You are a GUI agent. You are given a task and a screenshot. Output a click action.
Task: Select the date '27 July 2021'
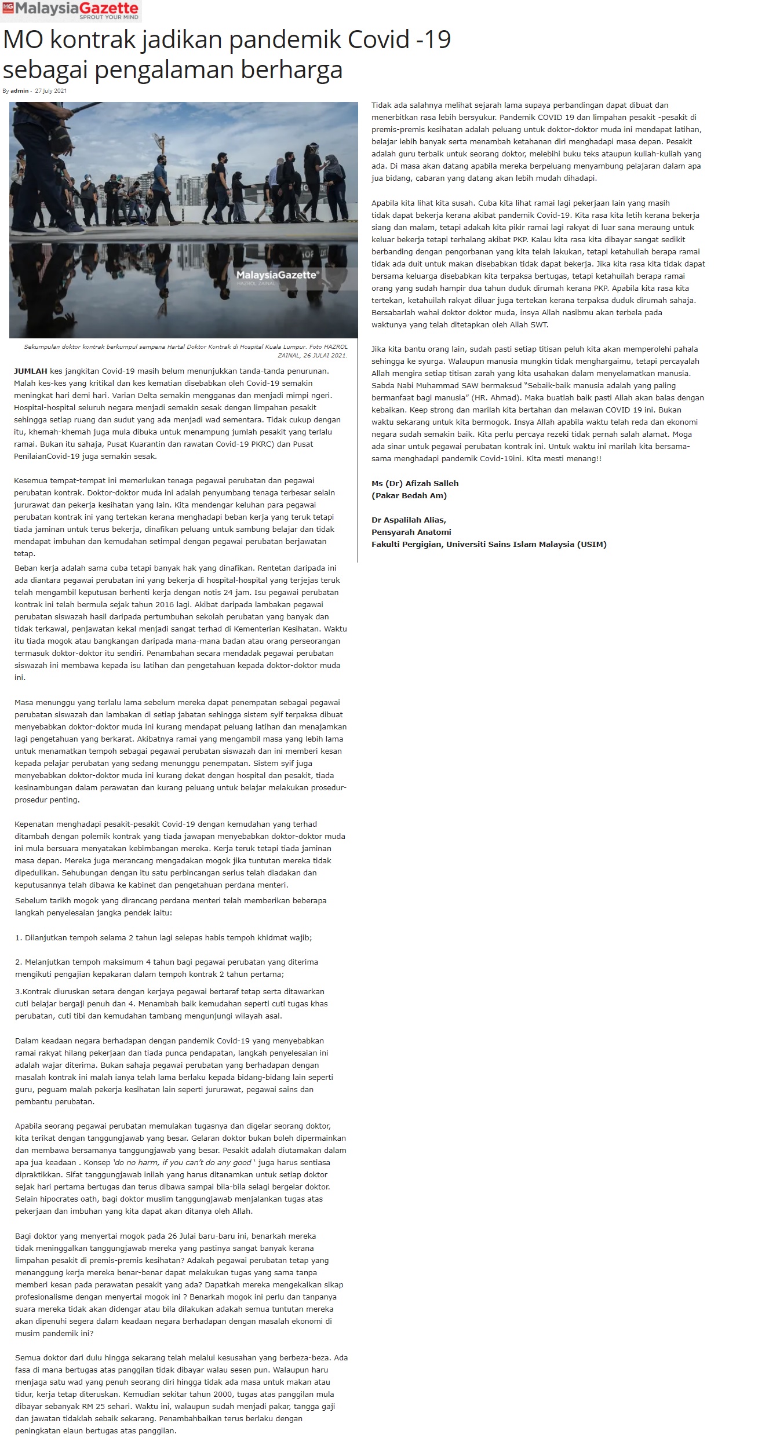coord(51,91)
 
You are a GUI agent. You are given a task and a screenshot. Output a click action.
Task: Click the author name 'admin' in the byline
coord(19,91)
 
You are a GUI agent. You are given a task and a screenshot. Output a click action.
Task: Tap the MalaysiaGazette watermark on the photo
coord(276,275)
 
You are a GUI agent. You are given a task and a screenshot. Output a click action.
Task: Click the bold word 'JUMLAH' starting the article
coord(31,371)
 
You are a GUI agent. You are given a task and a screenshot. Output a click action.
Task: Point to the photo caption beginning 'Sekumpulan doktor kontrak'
coord(185,351)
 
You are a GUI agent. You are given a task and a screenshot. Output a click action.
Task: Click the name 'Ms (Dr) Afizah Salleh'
coord(415,483)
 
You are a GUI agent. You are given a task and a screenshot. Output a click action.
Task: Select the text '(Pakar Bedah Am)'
coord(409,495)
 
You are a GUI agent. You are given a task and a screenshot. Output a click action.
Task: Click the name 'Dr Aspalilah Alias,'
coord(409,520)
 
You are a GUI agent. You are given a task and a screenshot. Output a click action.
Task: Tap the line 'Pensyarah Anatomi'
coord(411,532)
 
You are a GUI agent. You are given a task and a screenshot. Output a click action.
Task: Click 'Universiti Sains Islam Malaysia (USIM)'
coord(526,544)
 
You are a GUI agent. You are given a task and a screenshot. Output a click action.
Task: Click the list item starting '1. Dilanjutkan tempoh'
coord(163,937)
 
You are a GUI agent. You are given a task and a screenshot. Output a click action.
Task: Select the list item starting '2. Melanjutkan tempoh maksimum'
coord(166,962)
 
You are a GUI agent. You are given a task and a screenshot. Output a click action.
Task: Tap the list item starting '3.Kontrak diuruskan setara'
coord(170,991)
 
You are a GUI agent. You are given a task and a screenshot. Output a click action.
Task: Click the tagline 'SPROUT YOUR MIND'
coord(109,17)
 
